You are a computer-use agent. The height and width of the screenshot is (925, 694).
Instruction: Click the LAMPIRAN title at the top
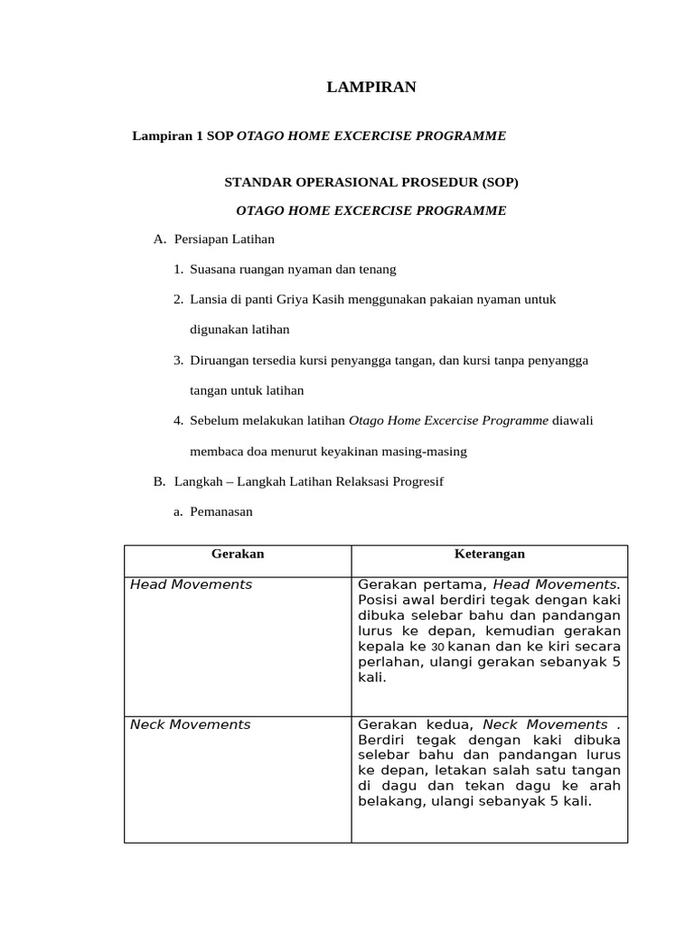coord(370,88)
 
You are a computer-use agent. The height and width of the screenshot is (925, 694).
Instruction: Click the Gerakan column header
coord(237,554)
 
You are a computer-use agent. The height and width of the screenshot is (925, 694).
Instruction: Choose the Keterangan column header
coord(489,554)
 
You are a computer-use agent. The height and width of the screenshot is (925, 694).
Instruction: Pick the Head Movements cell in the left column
coord(192,584)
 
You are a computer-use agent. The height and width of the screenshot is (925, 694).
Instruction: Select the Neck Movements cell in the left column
coord(191,724)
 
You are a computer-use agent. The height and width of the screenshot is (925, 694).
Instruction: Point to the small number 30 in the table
coord(437,648)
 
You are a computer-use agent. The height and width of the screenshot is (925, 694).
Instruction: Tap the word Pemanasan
coord(221,511)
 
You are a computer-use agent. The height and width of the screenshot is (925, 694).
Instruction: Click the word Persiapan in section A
coord(200,239)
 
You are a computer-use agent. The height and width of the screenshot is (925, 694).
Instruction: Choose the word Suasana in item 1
coord(214,269)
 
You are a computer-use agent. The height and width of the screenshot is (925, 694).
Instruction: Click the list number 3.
coord(178,360)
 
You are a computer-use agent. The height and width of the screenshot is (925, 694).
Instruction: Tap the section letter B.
coord(159,481)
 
